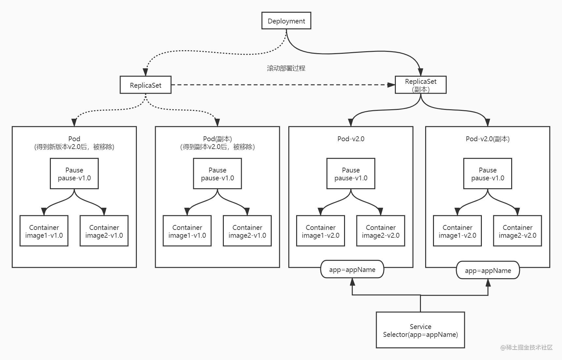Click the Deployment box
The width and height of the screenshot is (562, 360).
point(286,21)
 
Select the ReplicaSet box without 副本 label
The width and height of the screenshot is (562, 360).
point(145,85)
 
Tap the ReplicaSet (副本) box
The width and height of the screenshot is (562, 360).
point(420,85)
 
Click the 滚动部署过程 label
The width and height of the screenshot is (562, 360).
point(286,68)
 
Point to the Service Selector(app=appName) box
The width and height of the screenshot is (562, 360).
point(420,330)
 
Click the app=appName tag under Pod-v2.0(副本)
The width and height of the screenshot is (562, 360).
point(488,270)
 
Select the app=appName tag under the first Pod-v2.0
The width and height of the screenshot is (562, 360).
point(352,269)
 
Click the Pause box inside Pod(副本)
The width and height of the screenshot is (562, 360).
point(217,173)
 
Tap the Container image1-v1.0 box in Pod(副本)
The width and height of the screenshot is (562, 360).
point(187,231)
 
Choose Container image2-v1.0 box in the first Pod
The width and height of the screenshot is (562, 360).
point(104,231)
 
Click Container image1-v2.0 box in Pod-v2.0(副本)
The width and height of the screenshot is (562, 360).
point(457,231)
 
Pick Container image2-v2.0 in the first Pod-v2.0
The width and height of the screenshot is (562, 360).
point(381,231)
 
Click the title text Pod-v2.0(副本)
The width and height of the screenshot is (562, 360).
point(487,139)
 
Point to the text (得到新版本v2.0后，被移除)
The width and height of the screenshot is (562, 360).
point(74,147)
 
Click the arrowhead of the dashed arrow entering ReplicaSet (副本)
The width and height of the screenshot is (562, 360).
point(391,85)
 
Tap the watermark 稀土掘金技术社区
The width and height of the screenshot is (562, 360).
point(526,347)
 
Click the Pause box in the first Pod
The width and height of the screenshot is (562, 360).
point(74,173)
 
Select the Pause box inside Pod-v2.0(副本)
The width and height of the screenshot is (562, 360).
point(487,173)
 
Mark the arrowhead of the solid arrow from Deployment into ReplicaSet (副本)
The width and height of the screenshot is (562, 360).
point(420,72)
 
